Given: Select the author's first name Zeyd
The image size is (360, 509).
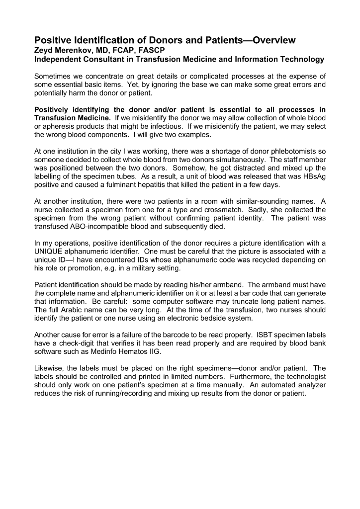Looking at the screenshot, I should [44, 50].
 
